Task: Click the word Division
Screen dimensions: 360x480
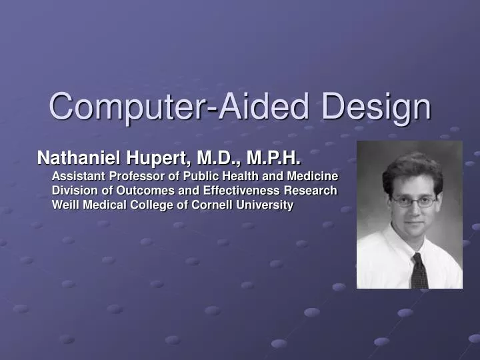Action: pos(73,191)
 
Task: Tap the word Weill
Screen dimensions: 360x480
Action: pos(65,205)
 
